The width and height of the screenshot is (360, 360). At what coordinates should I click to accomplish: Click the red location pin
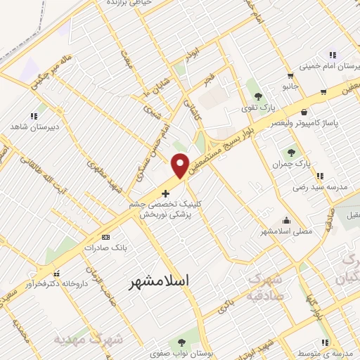click(181, 165)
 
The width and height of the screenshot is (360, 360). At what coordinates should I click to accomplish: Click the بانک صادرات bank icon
click(105, 238)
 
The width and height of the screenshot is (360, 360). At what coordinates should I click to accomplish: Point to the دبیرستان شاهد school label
click(34, 127)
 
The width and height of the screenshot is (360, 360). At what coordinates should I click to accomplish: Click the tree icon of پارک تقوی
click(258, 96)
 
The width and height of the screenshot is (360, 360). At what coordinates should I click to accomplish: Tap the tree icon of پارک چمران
click(290, 153)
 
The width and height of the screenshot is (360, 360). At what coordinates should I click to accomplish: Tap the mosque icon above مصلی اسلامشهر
click(285, 219)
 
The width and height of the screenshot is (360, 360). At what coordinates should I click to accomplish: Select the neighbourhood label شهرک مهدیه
click(78, 340)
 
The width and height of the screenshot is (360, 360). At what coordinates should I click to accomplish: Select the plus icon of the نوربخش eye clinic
click(165, 193)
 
